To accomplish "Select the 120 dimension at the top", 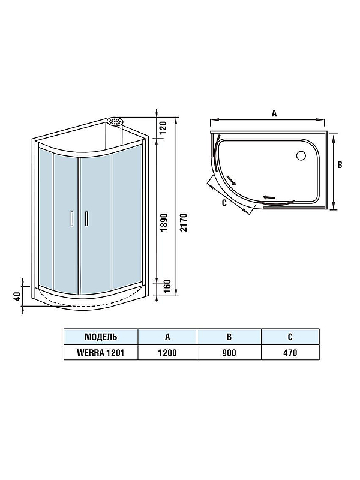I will pos(163,127).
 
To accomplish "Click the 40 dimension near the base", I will pos(18,296).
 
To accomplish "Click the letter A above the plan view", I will pos(274,112).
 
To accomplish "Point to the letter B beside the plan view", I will pos(340,164).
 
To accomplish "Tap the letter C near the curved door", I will pos(223,203).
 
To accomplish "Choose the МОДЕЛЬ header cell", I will pos(101,337).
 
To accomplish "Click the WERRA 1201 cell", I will pos(101,352).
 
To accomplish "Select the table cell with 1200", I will pos(167,352).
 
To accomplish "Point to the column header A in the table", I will pos(167,337).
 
